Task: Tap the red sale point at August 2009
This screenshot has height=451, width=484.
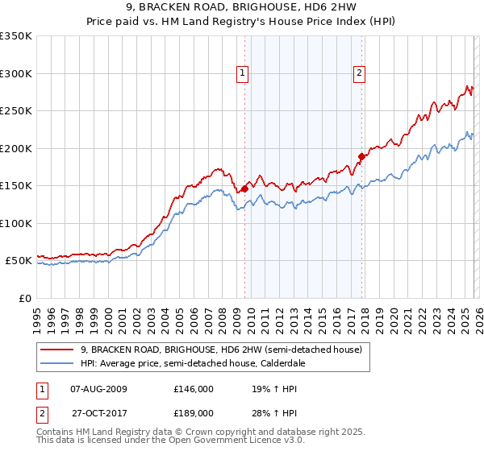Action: point(244,189)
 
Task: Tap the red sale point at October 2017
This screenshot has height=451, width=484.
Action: point(361,157)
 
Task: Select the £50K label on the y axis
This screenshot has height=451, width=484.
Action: point(19,261)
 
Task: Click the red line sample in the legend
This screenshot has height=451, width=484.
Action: point(58,350)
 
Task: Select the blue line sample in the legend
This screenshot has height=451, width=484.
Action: point(58,364)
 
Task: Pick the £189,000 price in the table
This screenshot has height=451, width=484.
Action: point(193,412)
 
